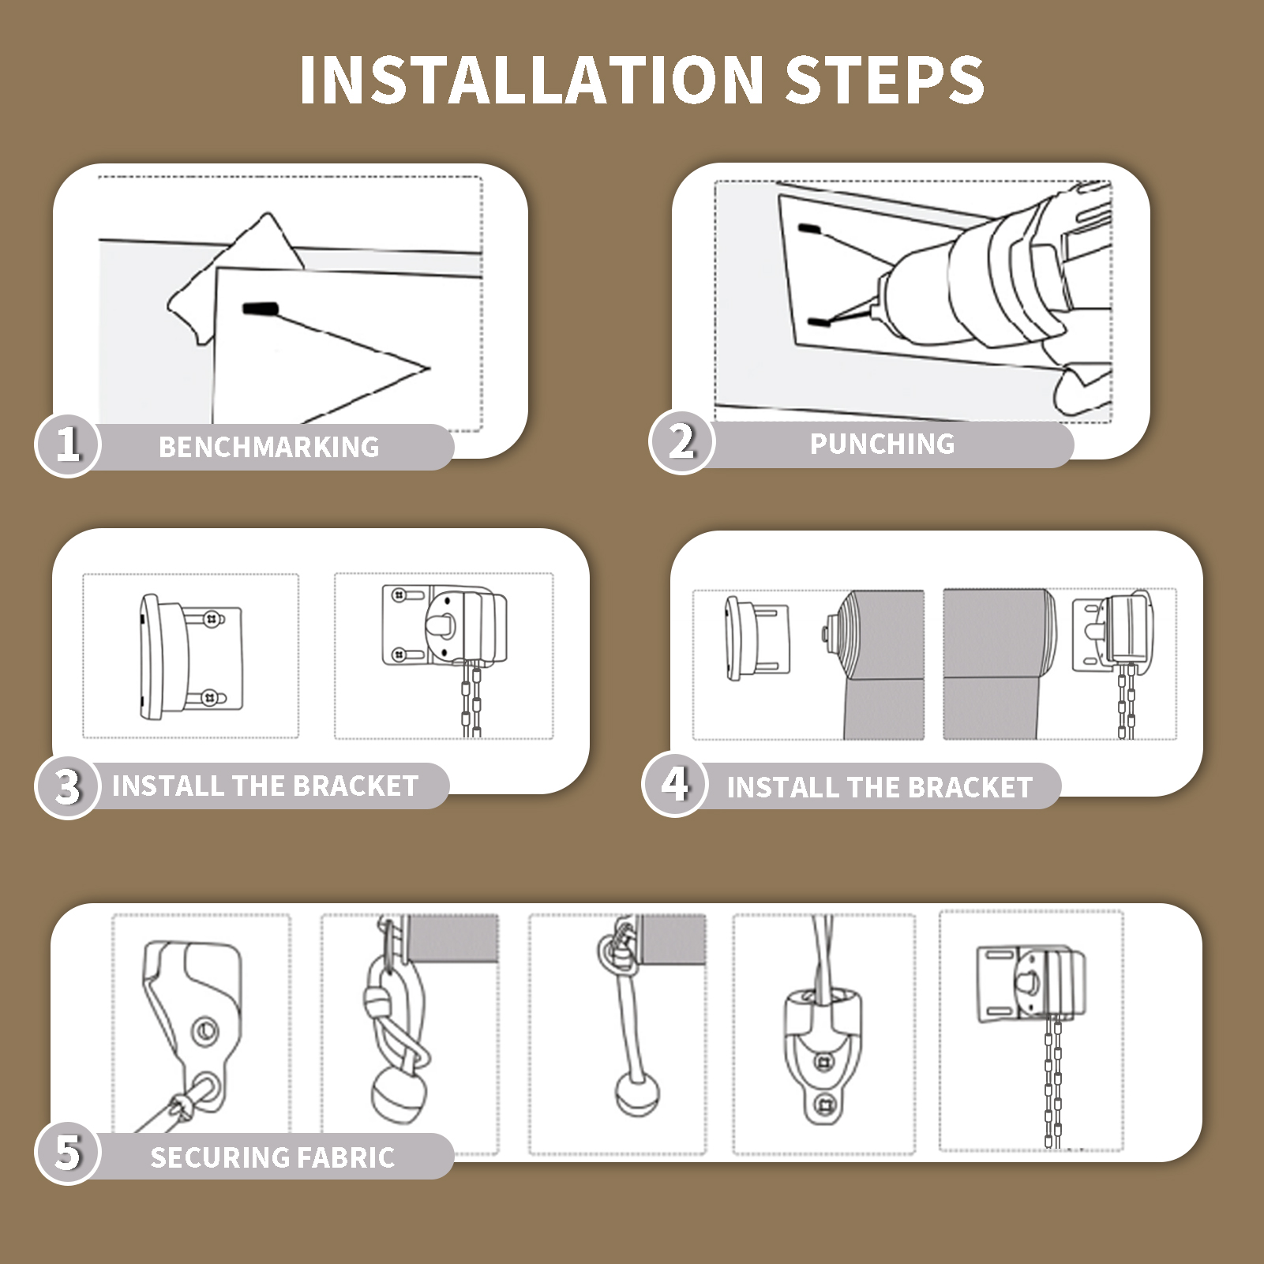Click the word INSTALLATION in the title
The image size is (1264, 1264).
[531, 81]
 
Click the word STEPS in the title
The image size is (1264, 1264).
[885, 81]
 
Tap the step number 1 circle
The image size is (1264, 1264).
[68, 444]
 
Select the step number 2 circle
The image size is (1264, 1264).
[682, 441]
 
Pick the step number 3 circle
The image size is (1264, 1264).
[68, 786]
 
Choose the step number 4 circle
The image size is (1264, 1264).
[675, 784]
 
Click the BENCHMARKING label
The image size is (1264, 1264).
[269, 448]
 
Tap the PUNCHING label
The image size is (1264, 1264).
[883, 444]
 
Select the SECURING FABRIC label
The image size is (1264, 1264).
[272, 1157]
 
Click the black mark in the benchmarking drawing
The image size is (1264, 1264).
[260, 309]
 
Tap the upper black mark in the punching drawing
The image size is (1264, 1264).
[809, 229]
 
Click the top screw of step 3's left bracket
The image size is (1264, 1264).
[212, 620]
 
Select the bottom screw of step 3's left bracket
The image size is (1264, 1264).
[209, 698]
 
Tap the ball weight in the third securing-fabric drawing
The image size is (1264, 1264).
[636, 1093]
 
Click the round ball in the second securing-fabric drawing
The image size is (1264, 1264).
[399, 1097]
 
